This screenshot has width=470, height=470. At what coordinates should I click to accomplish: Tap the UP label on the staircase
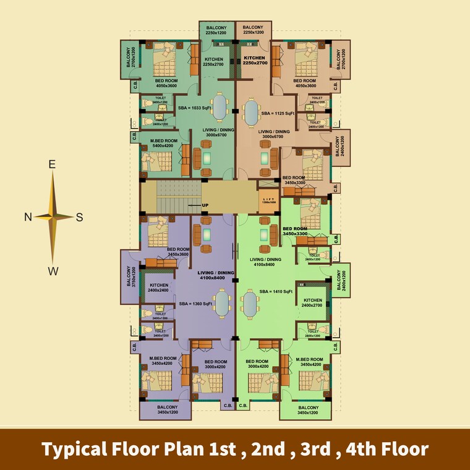click(205, 204)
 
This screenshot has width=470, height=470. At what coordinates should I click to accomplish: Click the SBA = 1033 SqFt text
click(194, 108)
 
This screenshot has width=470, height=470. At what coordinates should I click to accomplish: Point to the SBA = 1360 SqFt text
click(195, 304)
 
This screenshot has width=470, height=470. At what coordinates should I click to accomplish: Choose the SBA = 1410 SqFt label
click(276, 291)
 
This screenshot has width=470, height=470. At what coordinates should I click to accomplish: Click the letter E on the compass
click(53, 164)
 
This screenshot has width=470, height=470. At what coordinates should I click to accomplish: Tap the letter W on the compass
click(54, 270)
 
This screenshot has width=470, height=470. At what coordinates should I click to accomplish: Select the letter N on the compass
click(28, 216)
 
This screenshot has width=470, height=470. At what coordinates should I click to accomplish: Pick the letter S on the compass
click(79, 216)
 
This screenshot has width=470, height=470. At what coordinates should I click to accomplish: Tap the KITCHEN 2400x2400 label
click(159, 287)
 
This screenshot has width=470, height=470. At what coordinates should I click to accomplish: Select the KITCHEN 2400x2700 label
click(312, 303)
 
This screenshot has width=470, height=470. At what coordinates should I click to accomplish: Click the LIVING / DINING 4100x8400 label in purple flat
click(213, 275)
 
